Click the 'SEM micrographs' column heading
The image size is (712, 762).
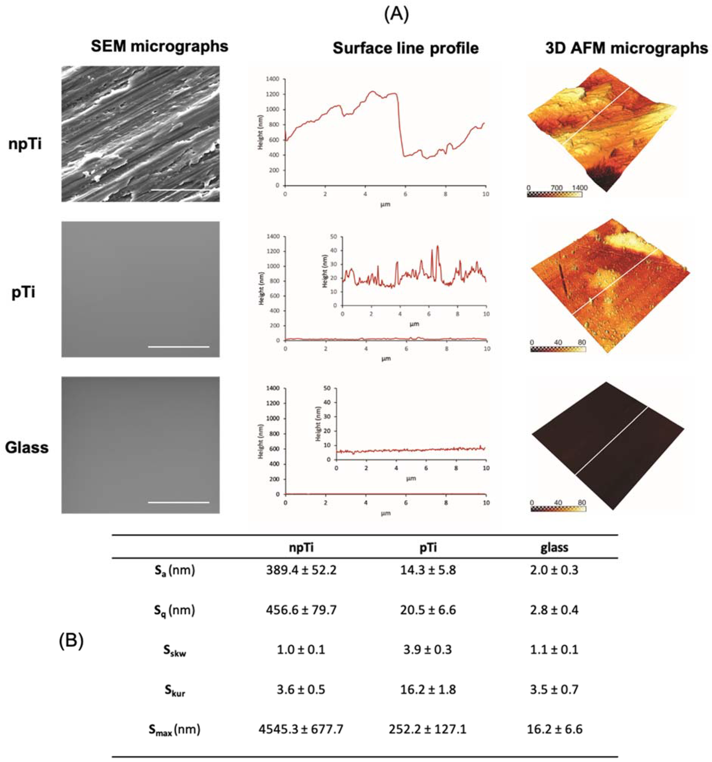(160, 46)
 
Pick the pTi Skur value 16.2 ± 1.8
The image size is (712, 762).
(428, 690)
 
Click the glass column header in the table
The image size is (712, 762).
(554, 547)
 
